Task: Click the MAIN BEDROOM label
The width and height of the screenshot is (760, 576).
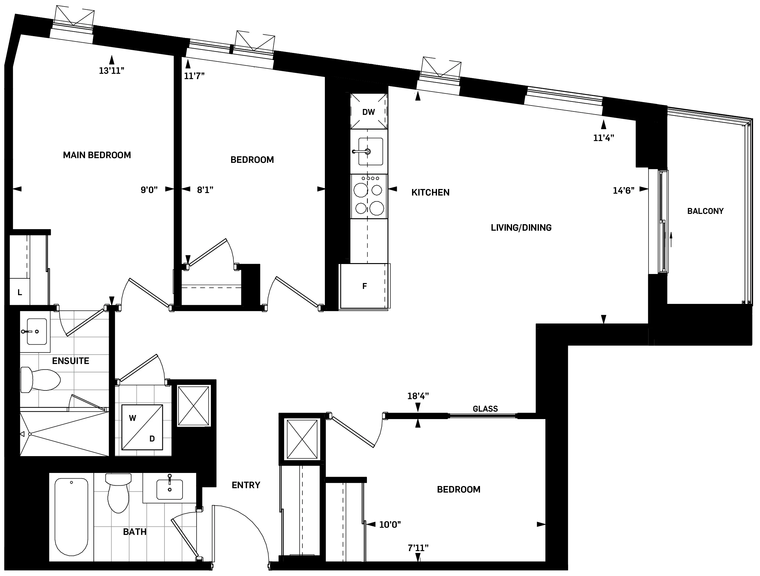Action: [x=97, y=155]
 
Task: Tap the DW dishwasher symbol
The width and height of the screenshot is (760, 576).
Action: [x=369, y=112]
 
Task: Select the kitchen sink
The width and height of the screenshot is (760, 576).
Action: [x=370, y=151]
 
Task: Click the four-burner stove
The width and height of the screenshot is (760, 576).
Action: [x=369, y=196]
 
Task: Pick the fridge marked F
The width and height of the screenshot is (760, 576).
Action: [x=364, y=286]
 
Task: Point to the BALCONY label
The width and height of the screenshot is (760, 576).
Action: [x=705, y=211]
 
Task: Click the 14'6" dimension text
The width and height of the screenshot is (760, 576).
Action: [x=623, y=190]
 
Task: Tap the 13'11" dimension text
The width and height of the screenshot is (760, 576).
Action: [x=111, y=71]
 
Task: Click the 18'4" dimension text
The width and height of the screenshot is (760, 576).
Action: [x=418, y=396]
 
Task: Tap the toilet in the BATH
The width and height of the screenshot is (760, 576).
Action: [x=118, y=493]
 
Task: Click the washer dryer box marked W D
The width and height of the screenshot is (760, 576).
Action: [x=142, y=427]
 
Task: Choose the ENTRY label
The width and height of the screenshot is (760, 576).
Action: [x=246, y=485]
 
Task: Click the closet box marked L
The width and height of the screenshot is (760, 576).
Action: [x=20, y=292]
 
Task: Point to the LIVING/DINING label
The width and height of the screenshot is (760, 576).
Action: [x=521, y=227]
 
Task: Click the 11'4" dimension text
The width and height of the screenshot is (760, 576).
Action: [x=603, y=138]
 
